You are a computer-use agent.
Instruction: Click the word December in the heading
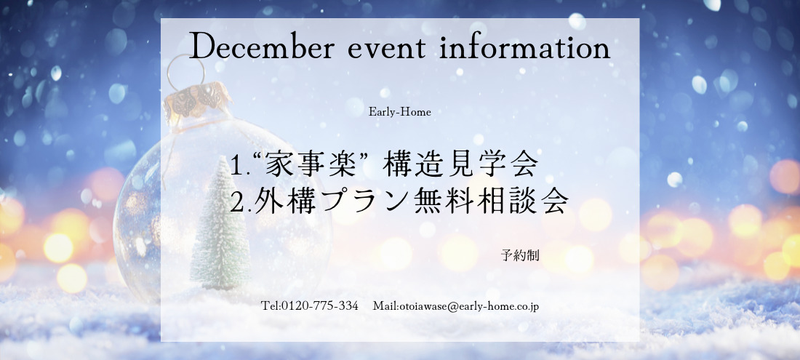tap(262, 48)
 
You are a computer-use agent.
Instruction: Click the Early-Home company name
tap(400, 112)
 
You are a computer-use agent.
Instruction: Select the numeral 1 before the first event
tap(235, 166)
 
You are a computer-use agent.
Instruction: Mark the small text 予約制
tap(520, 255)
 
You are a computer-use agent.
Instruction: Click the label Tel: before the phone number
tap(271, 306)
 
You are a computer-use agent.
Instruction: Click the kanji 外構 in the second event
tap(281, 202)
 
